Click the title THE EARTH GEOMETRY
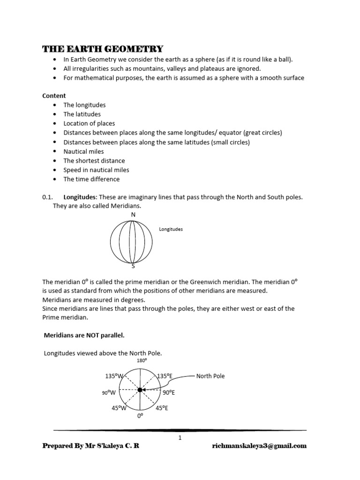coord(103,49)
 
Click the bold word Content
coord(54,96)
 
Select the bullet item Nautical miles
coord(83,151)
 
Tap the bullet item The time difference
coord(91,179)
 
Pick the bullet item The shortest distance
coord(94,161)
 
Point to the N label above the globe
coord(133,215)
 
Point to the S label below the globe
coord(133,266)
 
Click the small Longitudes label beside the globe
coord(171,230)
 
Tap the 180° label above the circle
coord(142,360)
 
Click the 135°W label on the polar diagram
coord(114,376)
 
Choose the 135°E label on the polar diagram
coord(165,376)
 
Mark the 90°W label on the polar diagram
coord(108,393)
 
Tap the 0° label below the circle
coord(140,416)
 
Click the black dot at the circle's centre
coord(140,390)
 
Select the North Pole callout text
coord(210,376)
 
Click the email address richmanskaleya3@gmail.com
coord(259,446)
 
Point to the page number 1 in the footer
coord(180,437)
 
